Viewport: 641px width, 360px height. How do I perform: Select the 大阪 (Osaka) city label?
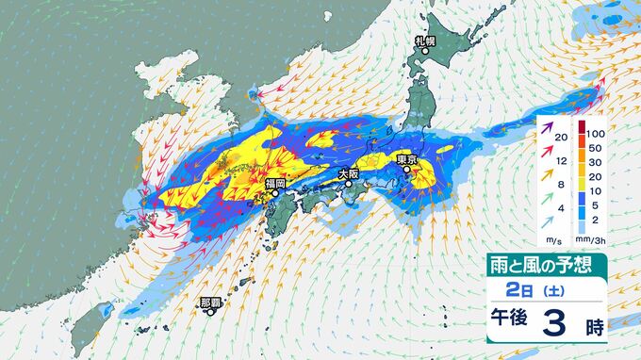tap(349, 172)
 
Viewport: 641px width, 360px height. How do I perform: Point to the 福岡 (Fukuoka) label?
tap(275, 183)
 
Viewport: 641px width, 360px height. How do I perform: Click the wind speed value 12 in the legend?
tap(560, 161)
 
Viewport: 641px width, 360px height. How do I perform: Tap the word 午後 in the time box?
tap(510, 323)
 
